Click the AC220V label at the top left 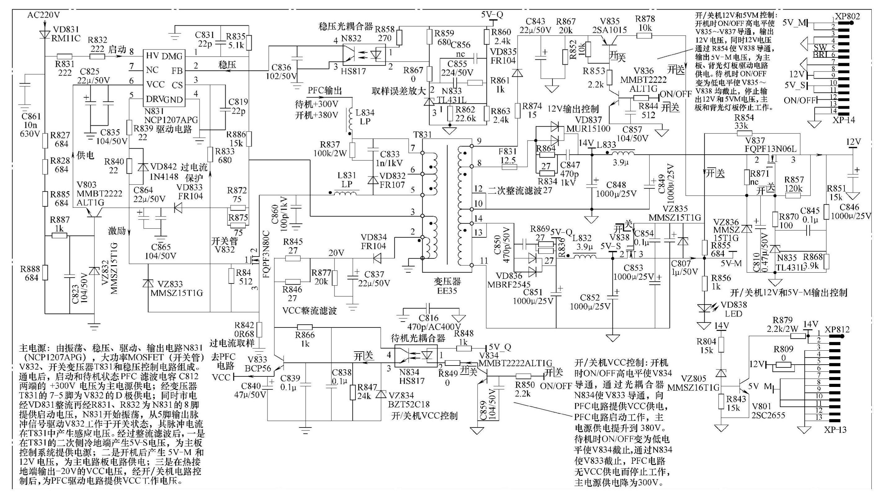pos(43,15)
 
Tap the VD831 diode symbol pos(45,34)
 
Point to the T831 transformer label pos(422,134)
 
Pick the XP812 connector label pos(837,329)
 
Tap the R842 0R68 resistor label pos(245,329)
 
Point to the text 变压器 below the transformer pos(447,282)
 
